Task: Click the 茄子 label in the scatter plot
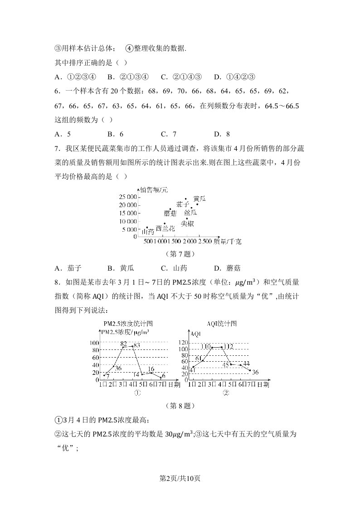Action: tap(182, 204)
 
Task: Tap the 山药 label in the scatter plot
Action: tap(148, 232)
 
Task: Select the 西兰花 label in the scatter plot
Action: tap(165, 228)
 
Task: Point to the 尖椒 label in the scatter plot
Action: tap(188, 223)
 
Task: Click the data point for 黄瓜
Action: tap(197, 204)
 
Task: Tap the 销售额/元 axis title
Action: tap(154, 190)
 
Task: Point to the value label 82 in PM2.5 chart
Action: tap(123, 344)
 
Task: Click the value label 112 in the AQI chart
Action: tap(228, 347)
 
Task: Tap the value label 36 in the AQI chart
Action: tap(255, 373)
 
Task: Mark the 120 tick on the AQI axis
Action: tap(183, 342)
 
